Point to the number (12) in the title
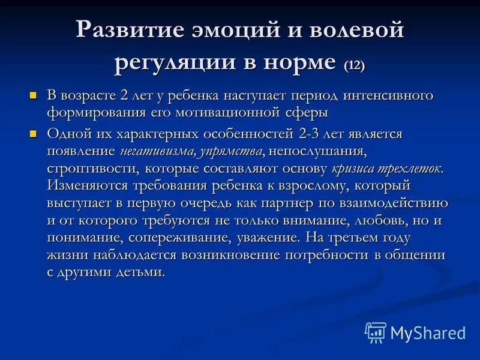pyautogui.click(x=354, y=64)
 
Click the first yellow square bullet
pyautogui.click(x=34, y=95)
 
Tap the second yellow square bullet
pyautogui.click(x=34, y=133)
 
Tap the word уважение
pyautogui.click(x=266, y=238)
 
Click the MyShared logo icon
pyautogui.click(x=375, y=332)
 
